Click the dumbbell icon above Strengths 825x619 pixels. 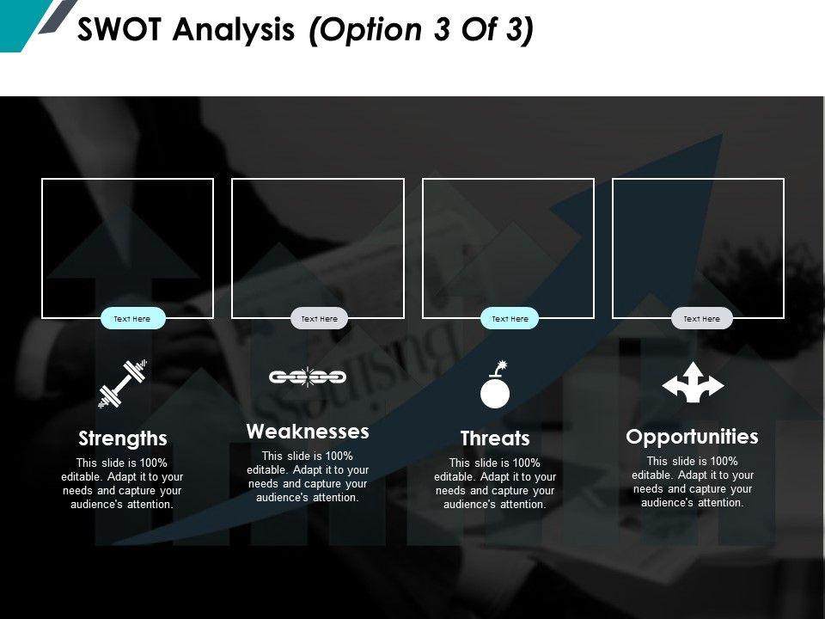coord(123,383)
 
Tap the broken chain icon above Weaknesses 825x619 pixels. coord(308,377)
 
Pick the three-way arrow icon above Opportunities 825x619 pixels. coord(693,383)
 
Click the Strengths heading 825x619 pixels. coord(123,438)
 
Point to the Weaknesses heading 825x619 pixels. coord(308,431)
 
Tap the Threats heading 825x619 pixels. coord(495,438)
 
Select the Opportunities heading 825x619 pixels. coord(693,437)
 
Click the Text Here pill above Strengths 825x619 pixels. coord(131,319)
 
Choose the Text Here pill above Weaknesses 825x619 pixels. coord(320,319)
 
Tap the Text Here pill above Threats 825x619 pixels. coord(510,319)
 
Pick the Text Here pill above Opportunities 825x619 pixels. coord(701,319)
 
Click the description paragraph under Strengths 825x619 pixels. coord(123,483)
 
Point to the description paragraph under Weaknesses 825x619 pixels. coord(308,476)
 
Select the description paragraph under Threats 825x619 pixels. coord(495,483)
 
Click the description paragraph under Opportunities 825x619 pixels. coord(693,481)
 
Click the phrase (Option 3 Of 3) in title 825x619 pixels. coord(420,30)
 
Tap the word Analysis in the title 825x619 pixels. coord(235,30)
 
